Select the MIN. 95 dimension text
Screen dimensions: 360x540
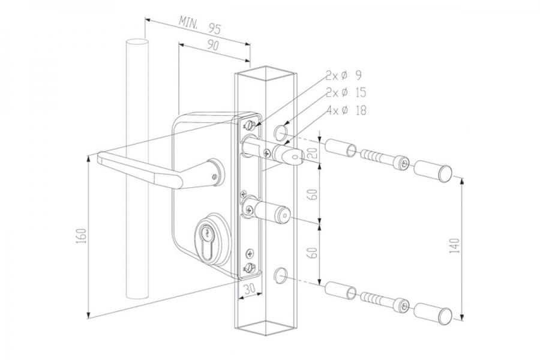pyautogui.click(x=199, y=25)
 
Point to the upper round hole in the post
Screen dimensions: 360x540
pyautogui.click(x=280, y=131)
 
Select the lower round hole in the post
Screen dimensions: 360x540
pyautogui.click(x=280, y=275)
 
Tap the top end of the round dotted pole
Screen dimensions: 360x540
pyautogui.click(x=137, y=43)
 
